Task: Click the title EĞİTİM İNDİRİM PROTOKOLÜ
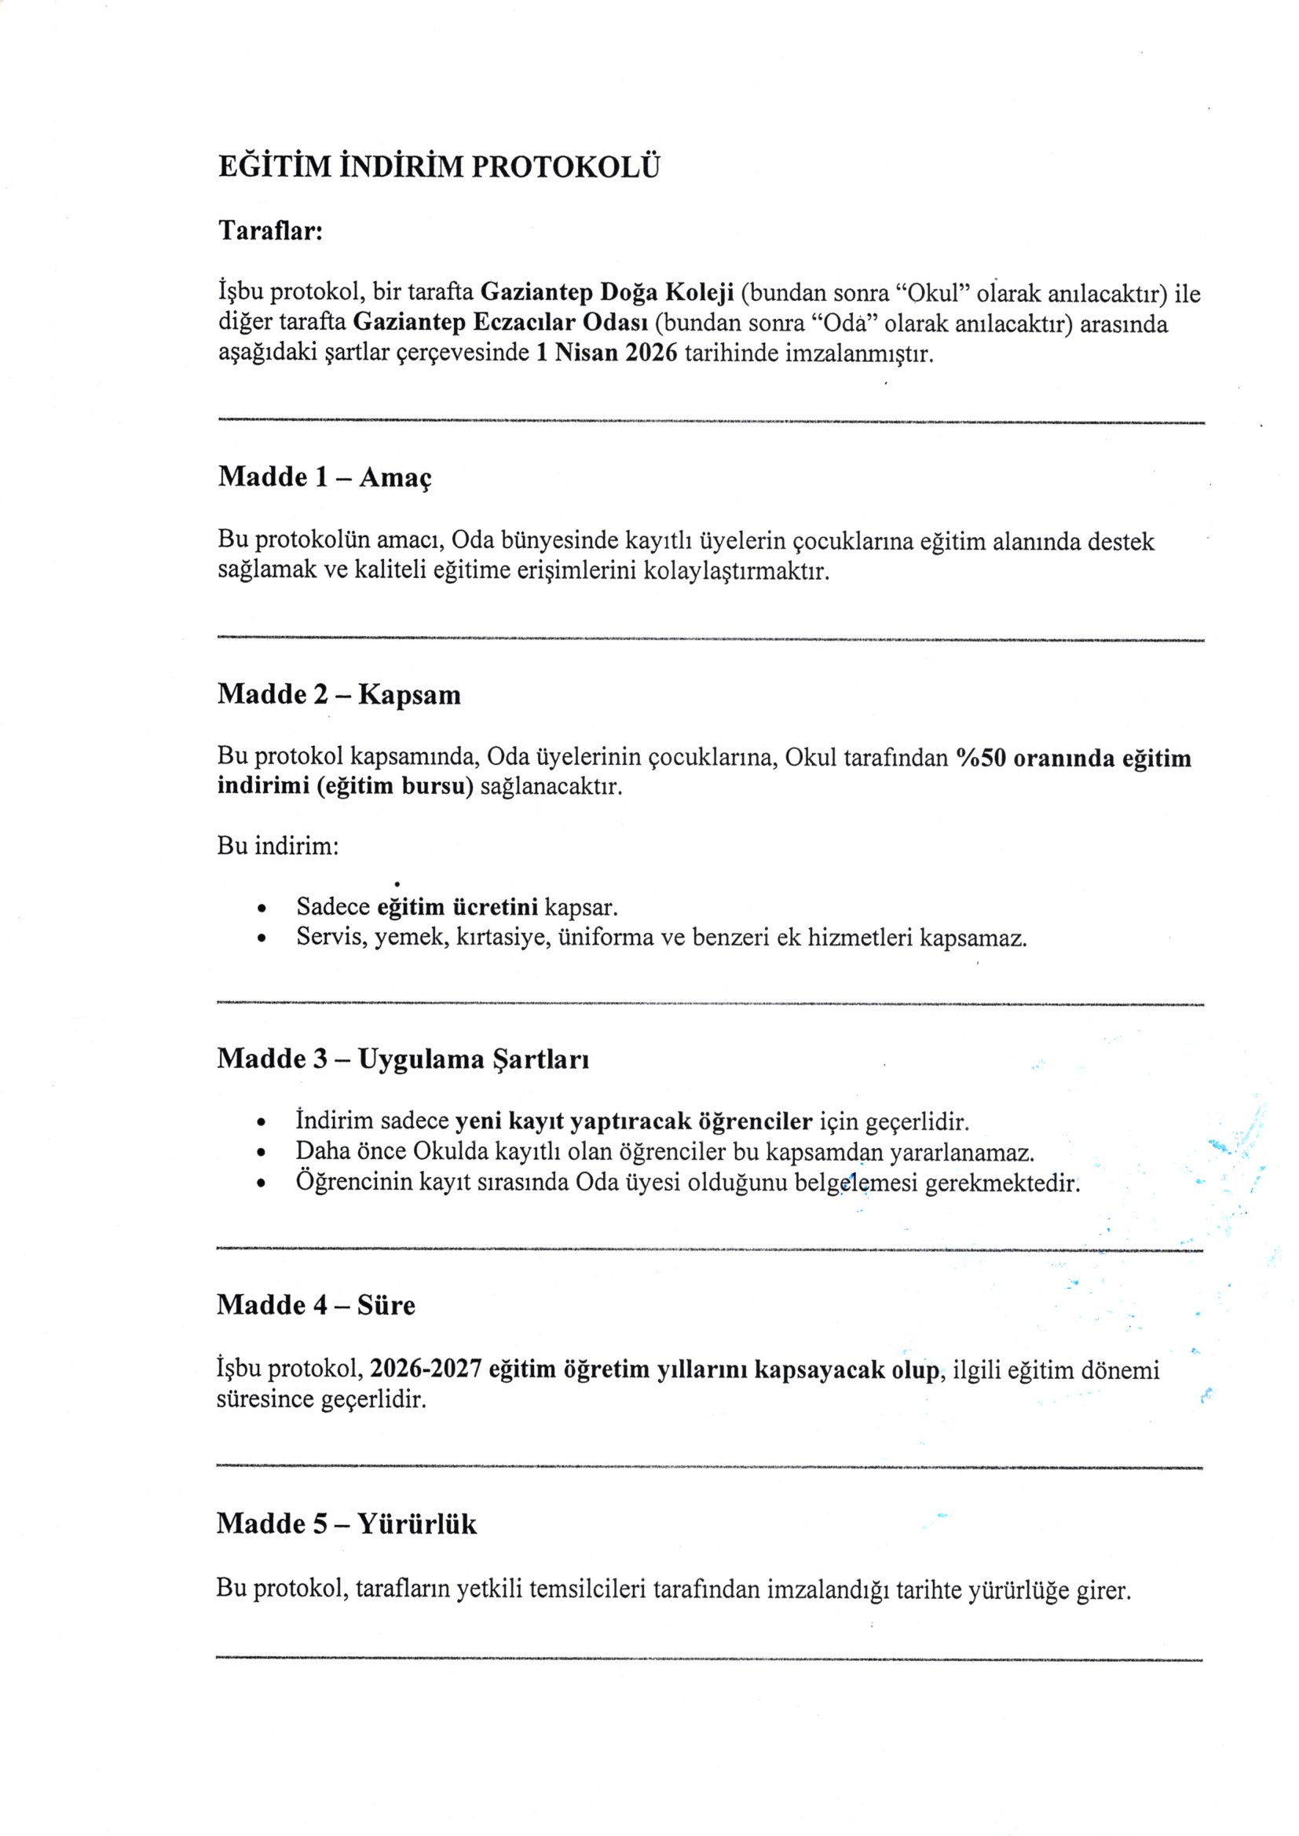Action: pos(439,167)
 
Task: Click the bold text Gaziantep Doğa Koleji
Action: pos(607,294)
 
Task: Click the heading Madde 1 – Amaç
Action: pos(325,477)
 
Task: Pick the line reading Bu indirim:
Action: pos(278,845)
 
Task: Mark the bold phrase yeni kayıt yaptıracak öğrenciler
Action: pos(634,1121)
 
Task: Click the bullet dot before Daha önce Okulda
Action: pos(262,1153)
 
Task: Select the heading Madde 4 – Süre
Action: pos(316,1306)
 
